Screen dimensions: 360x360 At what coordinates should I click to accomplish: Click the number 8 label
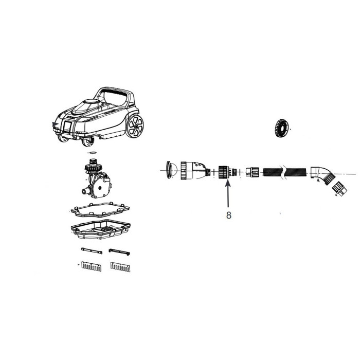228,215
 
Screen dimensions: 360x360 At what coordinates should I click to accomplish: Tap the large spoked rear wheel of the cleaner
135,126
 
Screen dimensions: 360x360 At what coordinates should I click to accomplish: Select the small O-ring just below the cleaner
93,153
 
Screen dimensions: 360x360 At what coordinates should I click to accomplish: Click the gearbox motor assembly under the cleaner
97,178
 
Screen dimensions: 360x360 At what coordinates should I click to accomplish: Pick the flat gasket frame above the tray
100,210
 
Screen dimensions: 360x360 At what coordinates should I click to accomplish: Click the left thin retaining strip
92,251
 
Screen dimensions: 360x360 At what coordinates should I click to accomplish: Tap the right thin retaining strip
119,252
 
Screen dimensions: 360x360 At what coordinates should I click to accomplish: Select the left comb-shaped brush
92,266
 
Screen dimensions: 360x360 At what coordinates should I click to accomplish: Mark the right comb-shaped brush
120,267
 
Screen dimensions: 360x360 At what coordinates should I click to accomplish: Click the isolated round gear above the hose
281,129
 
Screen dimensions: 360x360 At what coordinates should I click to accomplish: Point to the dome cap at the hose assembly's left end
172,170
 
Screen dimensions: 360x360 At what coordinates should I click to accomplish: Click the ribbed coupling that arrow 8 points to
227,172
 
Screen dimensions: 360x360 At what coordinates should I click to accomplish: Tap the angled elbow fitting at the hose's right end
323,175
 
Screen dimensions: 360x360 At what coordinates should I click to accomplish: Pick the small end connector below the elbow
339,189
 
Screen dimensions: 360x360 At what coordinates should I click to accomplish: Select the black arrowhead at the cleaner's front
55,124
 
